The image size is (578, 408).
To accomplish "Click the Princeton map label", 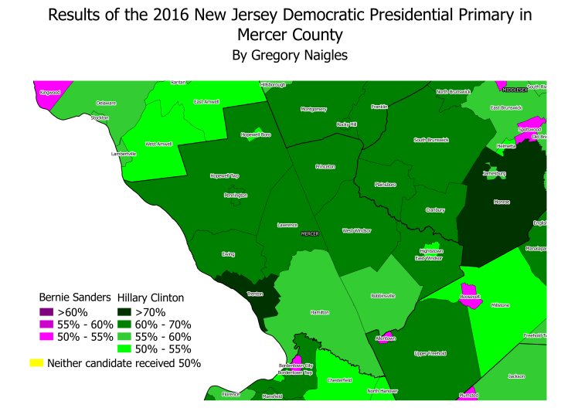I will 325,166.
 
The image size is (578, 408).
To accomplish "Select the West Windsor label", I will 357,230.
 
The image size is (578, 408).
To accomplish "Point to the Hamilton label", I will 320,312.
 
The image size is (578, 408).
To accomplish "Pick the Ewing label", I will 228,253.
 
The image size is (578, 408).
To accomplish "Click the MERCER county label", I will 309,233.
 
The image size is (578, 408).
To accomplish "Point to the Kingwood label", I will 49,92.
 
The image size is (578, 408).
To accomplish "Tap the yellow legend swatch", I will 36,362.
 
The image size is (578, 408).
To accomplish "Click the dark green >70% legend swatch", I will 124,312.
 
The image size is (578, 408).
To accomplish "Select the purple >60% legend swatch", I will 47,312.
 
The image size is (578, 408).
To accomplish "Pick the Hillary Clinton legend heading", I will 150,297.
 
